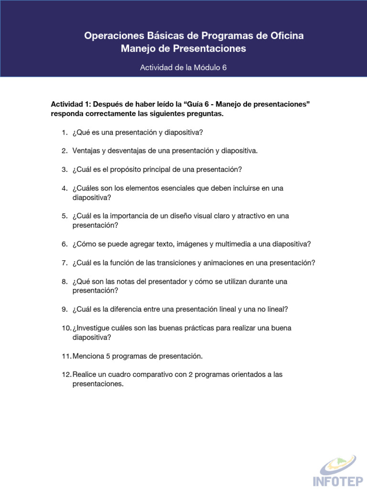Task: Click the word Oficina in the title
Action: tap(285, 36)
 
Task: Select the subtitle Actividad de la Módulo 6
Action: tap(183, 68)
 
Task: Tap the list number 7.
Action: tap(64, 263)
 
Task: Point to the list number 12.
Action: tap(66, 374)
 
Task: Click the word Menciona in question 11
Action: tap(88, 356)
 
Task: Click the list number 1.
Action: tap(64, 132)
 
